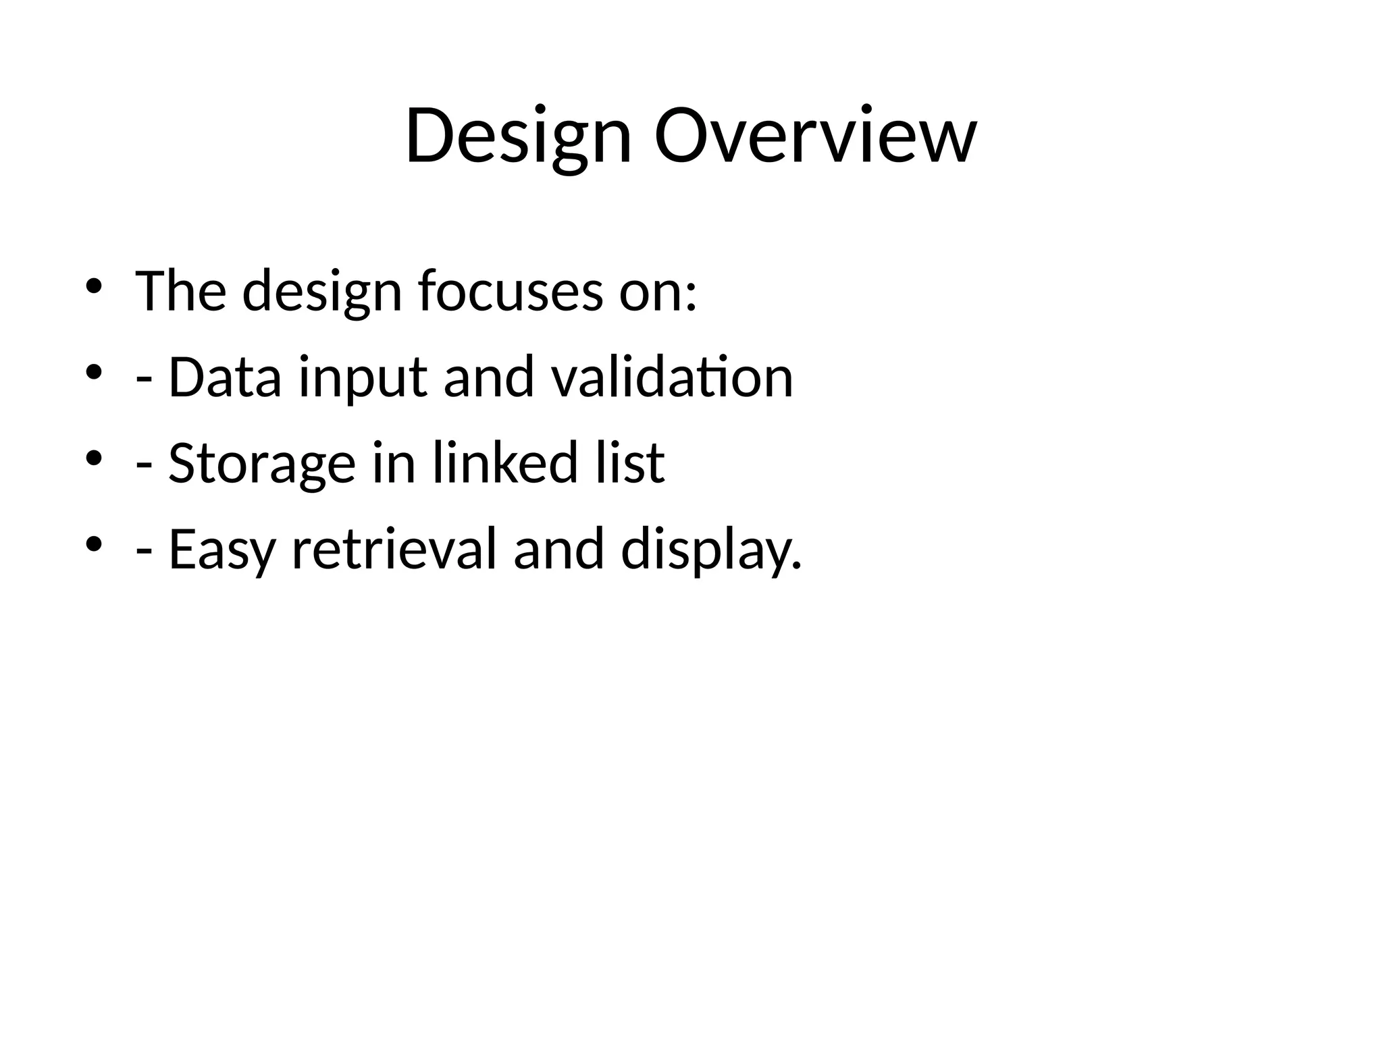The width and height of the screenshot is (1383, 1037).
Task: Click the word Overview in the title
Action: pyautogui.click(x=815, y=137)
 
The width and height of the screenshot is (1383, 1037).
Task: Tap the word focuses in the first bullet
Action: pyautogui.click(x=510, y=291)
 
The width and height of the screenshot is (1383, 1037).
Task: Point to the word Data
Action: pyautogui.click(x=224, y=377)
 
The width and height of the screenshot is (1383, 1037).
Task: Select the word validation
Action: pyautogui.click(x=672, y=377)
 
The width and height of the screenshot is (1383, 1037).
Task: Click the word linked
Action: pyautogui.click(x=505, y=463)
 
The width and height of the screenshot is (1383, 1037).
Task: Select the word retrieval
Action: pyautogui.click(x=394, y=549)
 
